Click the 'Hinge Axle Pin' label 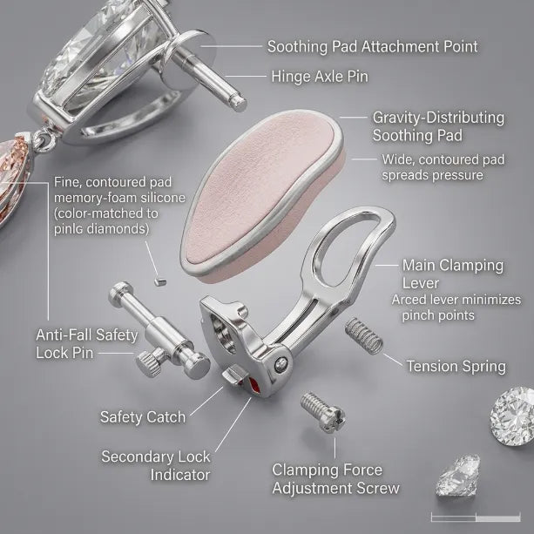pos(320,77)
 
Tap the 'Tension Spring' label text pos(456,367)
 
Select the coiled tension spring pos(364,335)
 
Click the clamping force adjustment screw pos(323,412)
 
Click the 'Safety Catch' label pos(143,417)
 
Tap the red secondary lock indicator pos(253,385)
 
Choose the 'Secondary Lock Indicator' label pos(156,465)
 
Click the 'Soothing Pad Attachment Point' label pos(372,46)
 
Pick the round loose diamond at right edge pos(512,416)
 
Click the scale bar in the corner pos(476,517)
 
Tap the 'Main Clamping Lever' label pos(453,274)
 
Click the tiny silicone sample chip pos(159,281)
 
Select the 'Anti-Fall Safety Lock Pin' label pos(87,343)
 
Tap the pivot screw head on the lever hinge pos(281,364)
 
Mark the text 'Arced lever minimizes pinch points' pos(456,308)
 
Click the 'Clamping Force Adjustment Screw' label pos(335,479)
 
